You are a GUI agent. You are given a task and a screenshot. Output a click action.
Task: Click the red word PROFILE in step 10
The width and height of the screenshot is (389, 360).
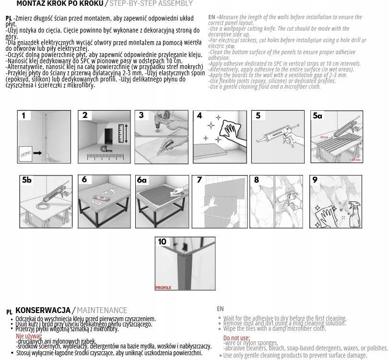click(x=163, y=288)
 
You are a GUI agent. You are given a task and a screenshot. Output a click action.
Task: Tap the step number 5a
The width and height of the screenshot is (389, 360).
click(x=318, y=116)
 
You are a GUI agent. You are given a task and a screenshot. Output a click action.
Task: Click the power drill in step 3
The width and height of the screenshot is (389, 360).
click(x=159, y=120)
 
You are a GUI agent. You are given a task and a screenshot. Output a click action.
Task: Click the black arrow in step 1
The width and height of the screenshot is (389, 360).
click(x=37, y=153)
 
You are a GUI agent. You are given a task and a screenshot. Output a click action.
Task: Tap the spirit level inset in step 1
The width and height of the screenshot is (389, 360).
click(x=26, y=154)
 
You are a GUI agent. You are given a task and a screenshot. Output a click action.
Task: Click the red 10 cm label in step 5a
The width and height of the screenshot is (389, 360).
click(x=324, y=138)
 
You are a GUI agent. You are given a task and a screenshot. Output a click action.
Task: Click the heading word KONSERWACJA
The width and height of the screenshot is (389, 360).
click(x=43, y=311)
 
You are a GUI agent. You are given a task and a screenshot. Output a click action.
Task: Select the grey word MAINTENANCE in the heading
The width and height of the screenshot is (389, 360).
click(x=102, y=311)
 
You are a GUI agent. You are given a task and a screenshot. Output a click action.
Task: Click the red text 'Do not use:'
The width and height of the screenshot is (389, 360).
click(x=236, y=338)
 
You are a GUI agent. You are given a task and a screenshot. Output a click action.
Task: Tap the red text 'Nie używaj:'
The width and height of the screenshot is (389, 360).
click(x=29, y=337)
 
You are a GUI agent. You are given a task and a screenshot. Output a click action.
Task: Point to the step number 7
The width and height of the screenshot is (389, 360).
click(x=200, y=180)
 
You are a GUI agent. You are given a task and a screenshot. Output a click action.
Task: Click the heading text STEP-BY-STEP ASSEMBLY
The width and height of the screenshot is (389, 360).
click(x=151, y=4)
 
